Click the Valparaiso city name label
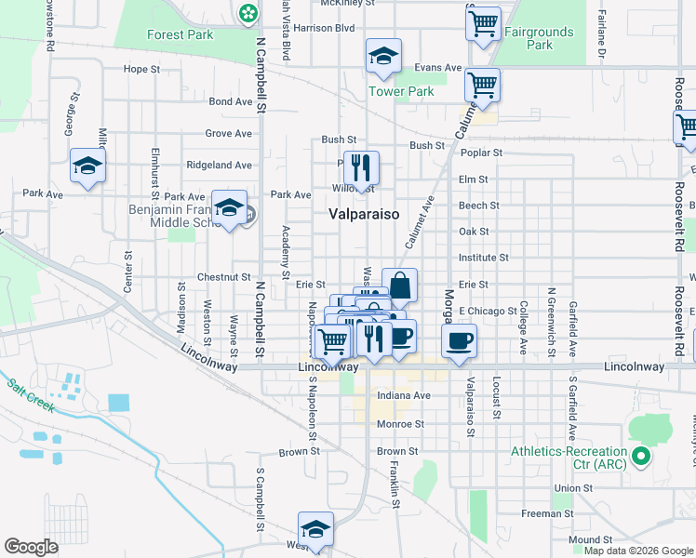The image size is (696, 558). click(x=364, y=214)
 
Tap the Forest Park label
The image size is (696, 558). click(x=180, y=35)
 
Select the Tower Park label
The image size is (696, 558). click(x=401, y=91)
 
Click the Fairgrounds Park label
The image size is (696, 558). click(x=540, y=38)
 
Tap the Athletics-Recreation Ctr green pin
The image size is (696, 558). click(x=640, y=457)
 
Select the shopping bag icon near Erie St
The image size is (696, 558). click(x=399, y=286)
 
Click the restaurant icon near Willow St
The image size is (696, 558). click(x=361, y=168)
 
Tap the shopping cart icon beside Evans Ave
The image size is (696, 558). click(x=482, y=86)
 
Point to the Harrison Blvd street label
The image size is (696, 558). click(x=324, y=28)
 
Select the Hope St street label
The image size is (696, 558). click(x=142, y=69)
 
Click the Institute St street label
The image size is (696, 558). click(x=483, y=258)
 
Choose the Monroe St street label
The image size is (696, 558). click(x=401, y=423)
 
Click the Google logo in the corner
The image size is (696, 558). click(x=32, y=547)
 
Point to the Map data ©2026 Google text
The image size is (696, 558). click(x=637, y=551)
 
